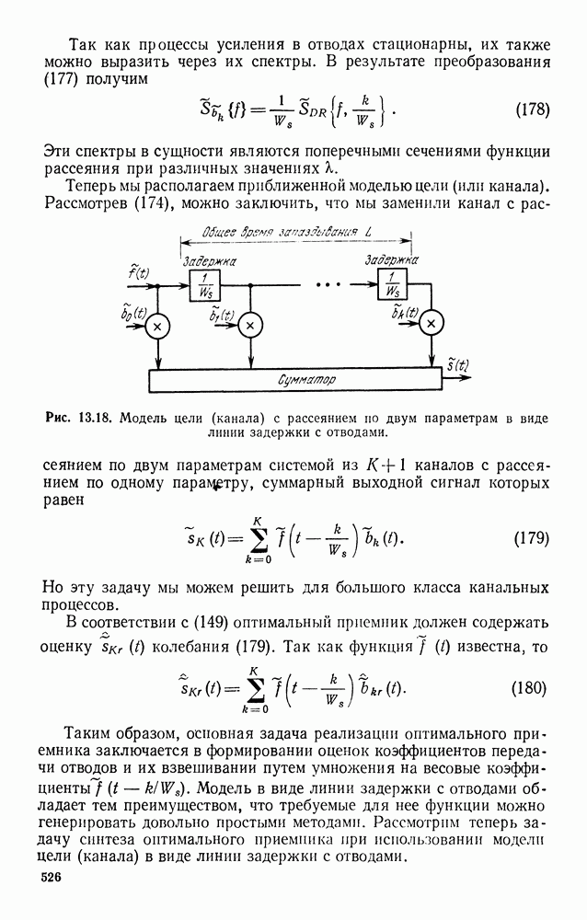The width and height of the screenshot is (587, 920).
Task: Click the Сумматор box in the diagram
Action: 306,380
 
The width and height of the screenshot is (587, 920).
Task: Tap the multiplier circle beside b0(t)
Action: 158,325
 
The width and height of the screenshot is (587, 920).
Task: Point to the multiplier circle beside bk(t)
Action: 432,325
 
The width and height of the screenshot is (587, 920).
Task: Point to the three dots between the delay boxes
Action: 328,285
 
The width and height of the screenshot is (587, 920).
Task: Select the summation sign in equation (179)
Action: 245,536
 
